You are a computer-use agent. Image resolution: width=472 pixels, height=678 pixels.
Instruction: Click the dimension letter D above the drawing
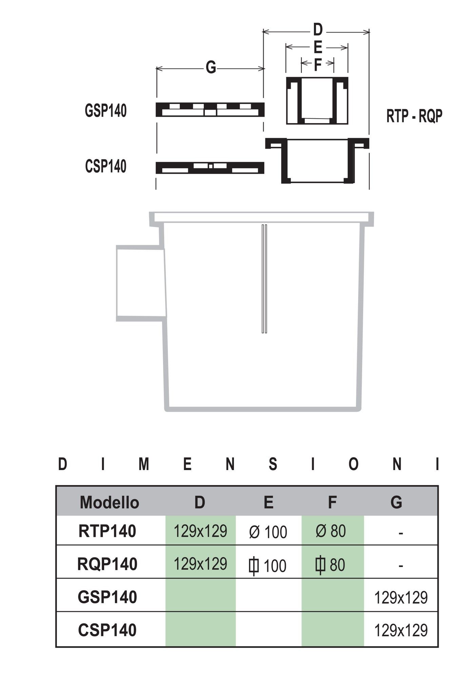[317, 31]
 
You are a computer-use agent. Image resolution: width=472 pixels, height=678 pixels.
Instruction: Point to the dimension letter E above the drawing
[318, 48]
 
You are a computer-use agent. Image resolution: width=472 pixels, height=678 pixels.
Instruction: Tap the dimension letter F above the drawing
[317, 64]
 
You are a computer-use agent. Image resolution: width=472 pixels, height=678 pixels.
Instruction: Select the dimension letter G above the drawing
[211, 68]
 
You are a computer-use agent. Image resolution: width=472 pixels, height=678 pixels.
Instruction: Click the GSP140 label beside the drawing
[106, 111]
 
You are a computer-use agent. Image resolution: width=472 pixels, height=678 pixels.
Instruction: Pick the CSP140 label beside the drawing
[106, 166]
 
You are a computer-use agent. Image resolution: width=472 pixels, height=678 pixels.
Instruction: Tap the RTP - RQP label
[414, 116]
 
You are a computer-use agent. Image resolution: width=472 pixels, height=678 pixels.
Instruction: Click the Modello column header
[109, 502]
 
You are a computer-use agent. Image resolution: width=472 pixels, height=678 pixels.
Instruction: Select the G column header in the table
[396, 502]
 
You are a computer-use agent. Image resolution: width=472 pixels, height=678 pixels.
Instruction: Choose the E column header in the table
[268, 502]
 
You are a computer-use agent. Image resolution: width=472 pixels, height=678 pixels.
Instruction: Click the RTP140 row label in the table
[107, 531]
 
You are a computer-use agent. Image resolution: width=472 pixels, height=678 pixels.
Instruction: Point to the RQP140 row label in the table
[107, 564]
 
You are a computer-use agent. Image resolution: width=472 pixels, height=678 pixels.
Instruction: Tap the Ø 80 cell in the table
[331, 531]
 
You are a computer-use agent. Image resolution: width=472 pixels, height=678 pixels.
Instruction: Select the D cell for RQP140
[200, 564]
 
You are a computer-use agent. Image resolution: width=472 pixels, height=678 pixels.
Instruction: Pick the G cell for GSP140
[401, 598]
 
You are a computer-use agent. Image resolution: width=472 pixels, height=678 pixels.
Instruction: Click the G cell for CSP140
[401, 630]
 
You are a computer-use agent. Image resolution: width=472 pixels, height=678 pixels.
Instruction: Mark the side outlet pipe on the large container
[140, 283]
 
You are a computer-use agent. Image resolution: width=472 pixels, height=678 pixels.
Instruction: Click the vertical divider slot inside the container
[264, 278]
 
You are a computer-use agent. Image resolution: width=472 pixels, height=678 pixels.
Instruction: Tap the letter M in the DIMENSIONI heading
[144, 464]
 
